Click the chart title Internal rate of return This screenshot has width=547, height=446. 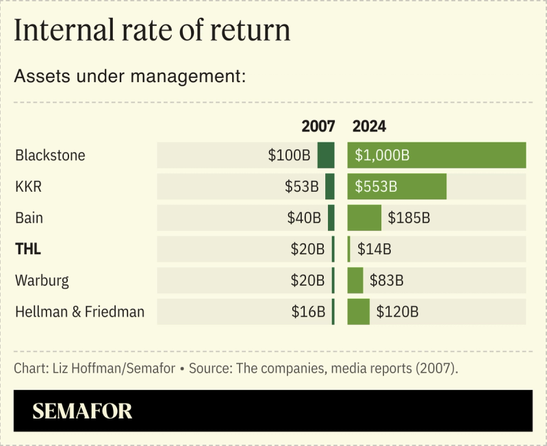tap(152, 31)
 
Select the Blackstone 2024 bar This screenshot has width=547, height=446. tap(437, 155)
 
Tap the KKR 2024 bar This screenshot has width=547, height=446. tap(397, 186)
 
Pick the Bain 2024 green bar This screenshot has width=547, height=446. tap(364, 218)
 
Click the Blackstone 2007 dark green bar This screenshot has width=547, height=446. tap(326, 155)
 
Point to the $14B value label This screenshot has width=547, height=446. tap(374, 249)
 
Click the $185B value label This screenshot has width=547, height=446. tap(409, 218)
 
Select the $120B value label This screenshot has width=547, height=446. tap(397, 312)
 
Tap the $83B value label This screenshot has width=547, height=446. tap(387, 281)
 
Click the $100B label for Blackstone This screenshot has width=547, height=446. tap(289, 155)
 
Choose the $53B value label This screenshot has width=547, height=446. tap(302, 186)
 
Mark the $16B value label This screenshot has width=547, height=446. tap(307, 312)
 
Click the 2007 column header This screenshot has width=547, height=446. tap(318, 127)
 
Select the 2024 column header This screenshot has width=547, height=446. tap(369, 127)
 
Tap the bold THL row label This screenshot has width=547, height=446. tap(28, 249)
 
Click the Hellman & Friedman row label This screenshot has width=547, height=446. tap(79, 312)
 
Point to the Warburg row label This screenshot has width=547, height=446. tap(42, 281)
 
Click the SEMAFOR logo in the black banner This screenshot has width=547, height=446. tap(82, 411)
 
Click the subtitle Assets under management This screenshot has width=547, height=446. tap(129, 76)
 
